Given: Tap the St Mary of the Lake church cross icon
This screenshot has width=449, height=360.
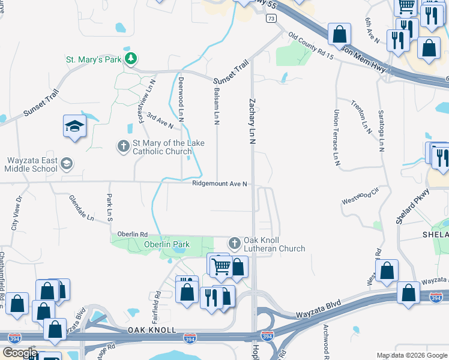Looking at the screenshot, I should [124, 146].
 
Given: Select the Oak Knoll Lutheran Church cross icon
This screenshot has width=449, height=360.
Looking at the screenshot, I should [234, 244].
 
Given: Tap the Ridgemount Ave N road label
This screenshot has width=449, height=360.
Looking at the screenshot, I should [220, 184].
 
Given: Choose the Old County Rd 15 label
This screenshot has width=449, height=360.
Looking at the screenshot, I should [310, 46].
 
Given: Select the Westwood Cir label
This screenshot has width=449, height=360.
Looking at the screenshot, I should [361, 197].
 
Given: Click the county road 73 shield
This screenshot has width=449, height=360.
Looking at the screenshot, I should [272, 19].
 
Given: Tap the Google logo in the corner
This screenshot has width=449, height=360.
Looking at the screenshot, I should [20, 353].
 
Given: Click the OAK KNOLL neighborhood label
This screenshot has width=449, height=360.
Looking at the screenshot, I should [151, 331].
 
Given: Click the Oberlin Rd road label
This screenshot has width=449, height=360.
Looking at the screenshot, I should [133, 234].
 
